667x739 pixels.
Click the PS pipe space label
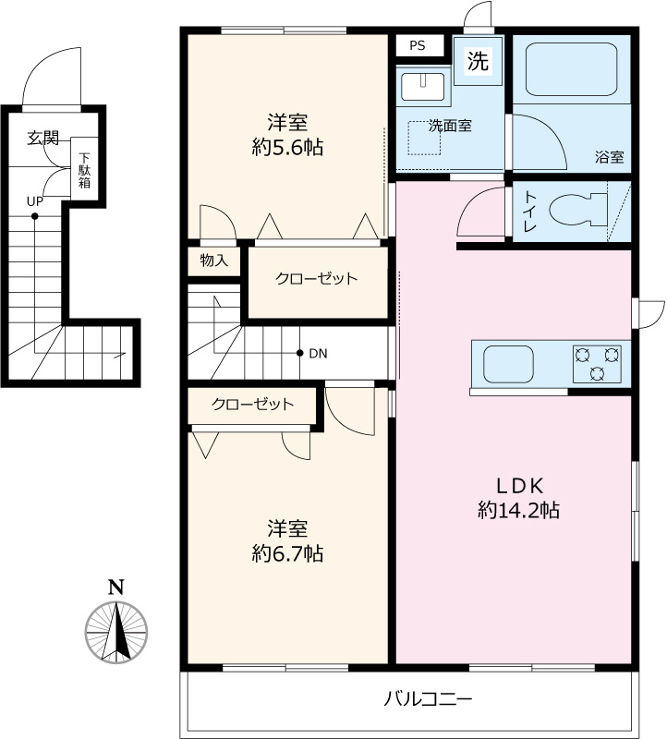418,45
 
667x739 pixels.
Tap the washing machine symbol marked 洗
478,61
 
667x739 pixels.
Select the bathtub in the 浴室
571,70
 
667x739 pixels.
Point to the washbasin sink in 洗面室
422,87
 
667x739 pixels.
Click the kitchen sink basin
509,364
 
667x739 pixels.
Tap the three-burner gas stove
597,363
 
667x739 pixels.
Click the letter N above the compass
116,588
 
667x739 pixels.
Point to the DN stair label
318,354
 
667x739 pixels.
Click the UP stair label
35,201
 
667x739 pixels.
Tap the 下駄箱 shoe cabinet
84,169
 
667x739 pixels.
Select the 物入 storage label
214,260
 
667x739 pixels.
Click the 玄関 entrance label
43,138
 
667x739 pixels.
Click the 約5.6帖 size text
287,148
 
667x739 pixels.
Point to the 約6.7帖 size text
287,553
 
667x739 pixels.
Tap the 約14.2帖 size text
519,510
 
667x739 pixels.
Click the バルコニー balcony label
428,698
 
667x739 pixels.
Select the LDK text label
519,485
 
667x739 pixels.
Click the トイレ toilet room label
531,211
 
